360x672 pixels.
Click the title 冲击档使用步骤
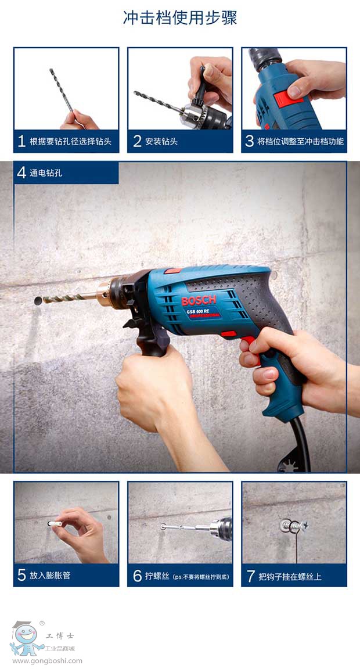180,18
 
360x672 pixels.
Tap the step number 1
21,141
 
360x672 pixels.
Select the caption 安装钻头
161,142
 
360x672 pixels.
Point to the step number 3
250,141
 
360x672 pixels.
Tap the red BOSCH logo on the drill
199,300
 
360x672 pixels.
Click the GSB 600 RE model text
200,310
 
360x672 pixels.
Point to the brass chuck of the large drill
104,293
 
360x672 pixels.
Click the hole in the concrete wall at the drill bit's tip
38,300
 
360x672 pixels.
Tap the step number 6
137,576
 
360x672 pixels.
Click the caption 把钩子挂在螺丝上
290,576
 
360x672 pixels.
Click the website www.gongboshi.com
47,662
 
